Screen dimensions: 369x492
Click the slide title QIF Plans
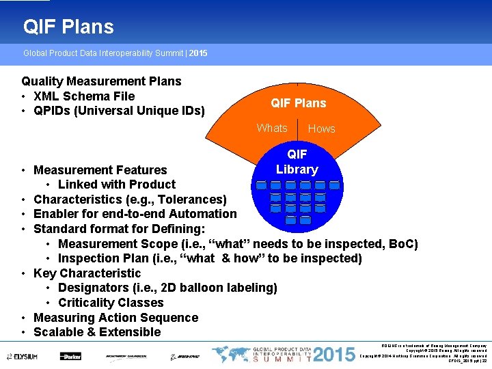click(x=68, y=27)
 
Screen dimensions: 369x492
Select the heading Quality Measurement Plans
click(x=101, y=81)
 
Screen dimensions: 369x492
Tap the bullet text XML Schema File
click(x=84, y=96)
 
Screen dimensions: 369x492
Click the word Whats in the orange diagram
click(x=272, y=128)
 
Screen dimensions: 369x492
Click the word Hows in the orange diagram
click(x=321, y=128)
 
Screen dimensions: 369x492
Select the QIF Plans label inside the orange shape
click(x=299, y=103)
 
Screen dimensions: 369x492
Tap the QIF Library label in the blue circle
click(x=297, y=162)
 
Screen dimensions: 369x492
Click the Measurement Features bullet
click(x=100, y=170)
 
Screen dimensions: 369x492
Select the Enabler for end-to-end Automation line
click(x=135, y=214)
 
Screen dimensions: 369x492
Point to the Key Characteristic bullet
click(x=87, y=273)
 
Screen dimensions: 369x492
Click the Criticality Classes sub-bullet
click(x=111, y=303)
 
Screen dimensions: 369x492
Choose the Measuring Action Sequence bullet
click(x=115, y=318)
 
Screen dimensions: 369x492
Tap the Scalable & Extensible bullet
click(x=97, y=332)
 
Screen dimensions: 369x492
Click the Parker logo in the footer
click(x=70, y=356)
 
